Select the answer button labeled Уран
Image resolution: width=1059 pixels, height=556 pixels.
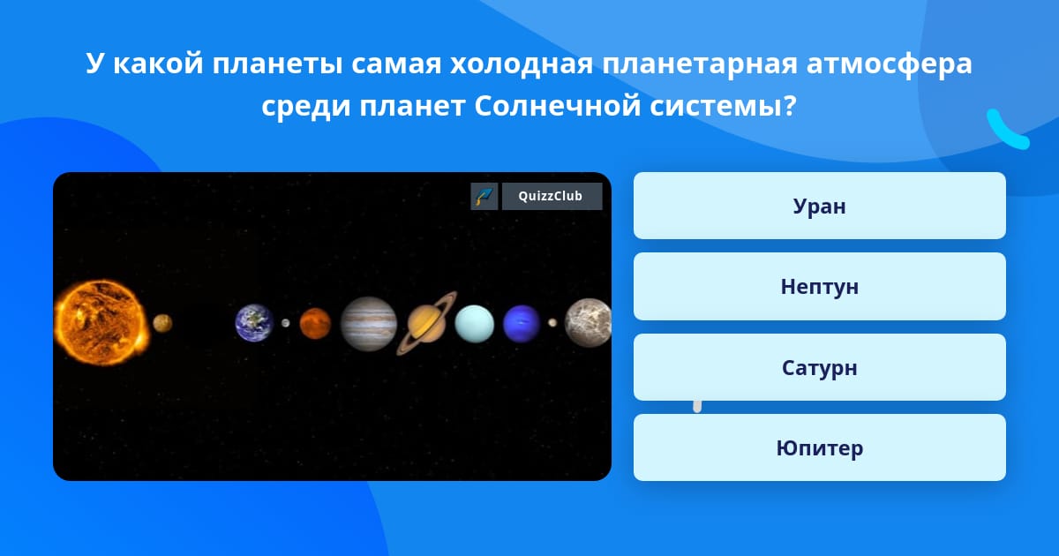[x=819, y=206]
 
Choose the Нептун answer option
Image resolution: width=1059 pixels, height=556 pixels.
[x=819, y=287]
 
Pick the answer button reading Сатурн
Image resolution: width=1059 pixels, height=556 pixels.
[x=819, y=367]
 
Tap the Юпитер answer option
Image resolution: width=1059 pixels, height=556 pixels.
[x=819, y=447]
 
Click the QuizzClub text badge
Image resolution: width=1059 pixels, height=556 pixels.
[x=552, y=196]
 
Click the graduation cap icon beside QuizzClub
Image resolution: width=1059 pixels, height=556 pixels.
[x=484, y=196]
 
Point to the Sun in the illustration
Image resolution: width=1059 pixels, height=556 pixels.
[x=101, y=322]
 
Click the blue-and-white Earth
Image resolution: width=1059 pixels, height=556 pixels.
[x=254, y=323]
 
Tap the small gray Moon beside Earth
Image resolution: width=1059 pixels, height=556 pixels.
[x=286, y=323]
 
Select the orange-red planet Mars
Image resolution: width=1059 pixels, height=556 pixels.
[x=315, y=323]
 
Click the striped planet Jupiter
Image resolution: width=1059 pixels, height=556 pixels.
[x=369, y=324]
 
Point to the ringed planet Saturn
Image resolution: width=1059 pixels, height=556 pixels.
[x=426, y=323]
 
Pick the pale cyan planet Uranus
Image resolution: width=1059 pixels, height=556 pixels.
[x=474, y=323]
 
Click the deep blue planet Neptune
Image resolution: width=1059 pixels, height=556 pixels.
[x=522, y=323]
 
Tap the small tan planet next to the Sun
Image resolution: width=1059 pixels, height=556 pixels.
[x=162, y=323]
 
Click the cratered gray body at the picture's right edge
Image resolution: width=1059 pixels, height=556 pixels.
[x=589, y=323]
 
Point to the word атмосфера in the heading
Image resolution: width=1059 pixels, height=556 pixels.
[x=890, y=64]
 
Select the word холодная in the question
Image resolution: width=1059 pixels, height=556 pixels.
[x=521, y=64]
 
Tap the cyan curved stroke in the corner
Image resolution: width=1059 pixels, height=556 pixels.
[x=1006, y=131]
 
